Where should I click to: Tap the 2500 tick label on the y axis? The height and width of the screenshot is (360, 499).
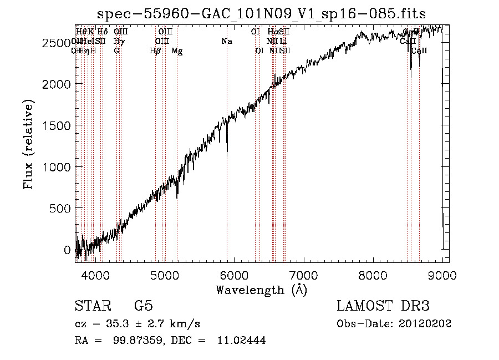point(55,43)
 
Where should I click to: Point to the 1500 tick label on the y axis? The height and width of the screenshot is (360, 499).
point(55,125)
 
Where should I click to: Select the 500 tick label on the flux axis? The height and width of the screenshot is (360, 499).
point(59,209)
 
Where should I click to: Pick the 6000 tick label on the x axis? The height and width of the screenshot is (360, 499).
point(234,275)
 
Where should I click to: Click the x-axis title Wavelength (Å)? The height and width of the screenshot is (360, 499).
point(262,290)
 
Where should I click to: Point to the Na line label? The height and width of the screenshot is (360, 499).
point(227,42)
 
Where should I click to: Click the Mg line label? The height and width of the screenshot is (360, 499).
point(177,51)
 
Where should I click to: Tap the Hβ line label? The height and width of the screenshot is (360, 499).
point(155,51)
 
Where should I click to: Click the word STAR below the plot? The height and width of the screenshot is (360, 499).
point(92,307)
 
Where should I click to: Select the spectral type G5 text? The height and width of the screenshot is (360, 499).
point(144,307)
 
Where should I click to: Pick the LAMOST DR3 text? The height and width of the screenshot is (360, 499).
point(383,307)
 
